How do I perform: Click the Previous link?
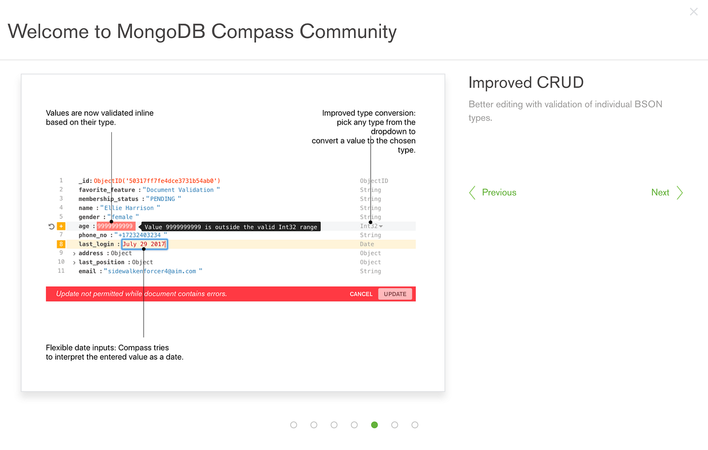[493, 192]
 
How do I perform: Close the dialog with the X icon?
[693, 12]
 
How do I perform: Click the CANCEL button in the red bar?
[361, 294]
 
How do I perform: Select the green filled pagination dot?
[374, 425]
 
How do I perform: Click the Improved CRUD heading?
[526, 82]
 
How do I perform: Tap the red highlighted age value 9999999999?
[115, 226]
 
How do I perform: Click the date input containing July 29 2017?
[144, 244]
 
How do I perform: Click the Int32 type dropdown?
[372, 226]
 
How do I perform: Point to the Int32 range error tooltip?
[231, 227]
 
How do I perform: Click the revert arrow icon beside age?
[51, 226]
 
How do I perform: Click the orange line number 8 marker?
[61, 244]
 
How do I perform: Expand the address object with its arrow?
[74, 254]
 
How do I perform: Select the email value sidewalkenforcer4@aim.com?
[152, 271]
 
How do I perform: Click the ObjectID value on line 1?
[157, 181]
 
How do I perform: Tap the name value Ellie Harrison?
[129, 208]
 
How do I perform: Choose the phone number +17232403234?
[140, 235]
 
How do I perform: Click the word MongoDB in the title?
[161, 31]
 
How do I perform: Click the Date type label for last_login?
[367, 244]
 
